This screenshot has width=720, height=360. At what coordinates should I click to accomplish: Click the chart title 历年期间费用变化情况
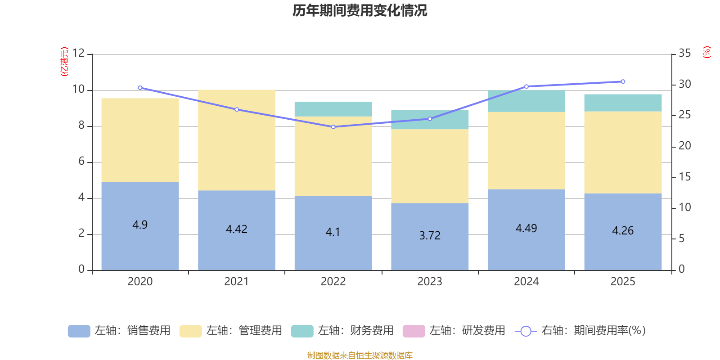click(x=360, y=10)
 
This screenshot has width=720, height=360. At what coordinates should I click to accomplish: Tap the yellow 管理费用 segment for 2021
click(x=237, y=140)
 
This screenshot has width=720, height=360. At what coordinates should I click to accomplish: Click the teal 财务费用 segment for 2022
click(x=333, y=109)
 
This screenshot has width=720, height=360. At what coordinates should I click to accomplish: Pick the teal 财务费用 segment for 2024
click(x=526, y=101)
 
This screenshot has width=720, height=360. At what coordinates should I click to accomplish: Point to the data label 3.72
click(x=430, y=235)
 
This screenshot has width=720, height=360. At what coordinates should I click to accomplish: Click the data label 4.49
click(x=526, y=229)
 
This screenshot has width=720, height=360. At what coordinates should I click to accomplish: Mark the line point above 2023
click(x=430, y=119)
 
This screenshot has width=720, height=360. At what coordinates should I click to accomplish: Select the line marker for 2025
click(x=623, y=81)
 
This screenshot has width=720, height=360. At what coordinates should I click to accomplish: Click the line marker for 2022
click(x=333, y=127)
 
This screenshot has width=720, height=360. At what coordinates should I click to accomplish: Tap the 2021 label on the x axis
click(x=237, y=282)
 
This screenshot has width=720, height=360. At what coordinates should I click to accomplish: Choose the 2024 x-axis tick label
click(x=526, y=282)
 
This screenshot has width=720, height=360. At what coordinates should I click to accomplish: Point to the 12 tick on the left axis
click(x=78, y=53)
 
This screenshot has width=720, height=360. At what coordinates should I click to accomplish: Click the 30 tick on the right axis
click(x=684, y=84)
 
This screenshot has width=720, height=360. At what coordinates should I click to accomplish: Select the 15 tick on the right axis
click(x=684, y=177)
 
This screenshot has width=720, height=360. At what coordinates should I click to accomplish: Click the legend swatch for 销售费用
click(x=79, y=331)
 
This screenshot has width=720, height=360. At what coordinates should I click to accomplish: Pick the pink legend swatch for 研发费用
click(x=414, y=331)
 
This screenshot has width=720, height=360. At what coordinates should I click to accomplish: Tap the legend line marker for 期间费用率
click(x=526, y=331)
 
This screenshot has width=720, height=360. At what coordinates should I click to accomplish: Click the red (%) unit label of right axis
click(x=707, y=52)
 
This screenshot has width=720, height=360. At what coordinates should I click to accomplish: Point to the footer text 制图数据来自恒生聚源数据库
click(x=360, y=355)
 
